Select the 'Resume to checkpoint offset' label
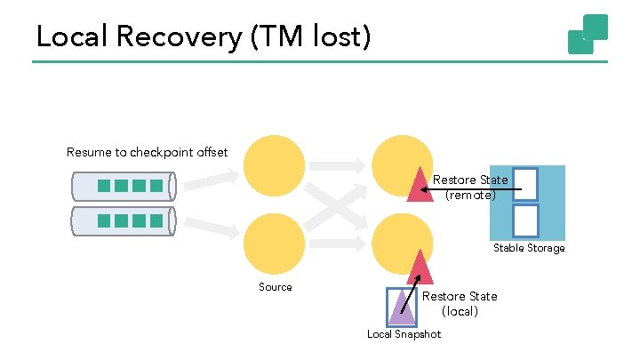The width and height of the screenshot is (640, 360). click(147, 152)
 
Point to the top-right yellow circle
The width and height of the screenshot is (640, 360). click(402, 164)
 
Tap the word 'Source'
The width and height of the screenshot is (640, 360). click(275, 287)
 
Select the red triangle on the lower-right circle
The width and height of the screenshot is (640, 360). click(420, 267)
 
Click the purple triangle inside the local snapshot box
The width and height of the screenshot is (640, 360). click(401, 308)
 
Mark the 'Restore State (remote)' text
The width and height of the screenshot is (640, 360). click(470, 188)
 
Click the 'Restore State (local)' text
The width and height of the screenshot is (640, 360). click(460, 304)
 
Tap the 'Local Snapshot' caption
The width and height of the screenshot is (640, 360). click(404, 334)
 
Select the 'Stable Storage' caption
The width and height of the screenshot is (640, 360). click(529, 248)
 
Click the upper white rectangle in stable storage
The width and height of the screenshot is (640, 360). click(526, 184)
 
